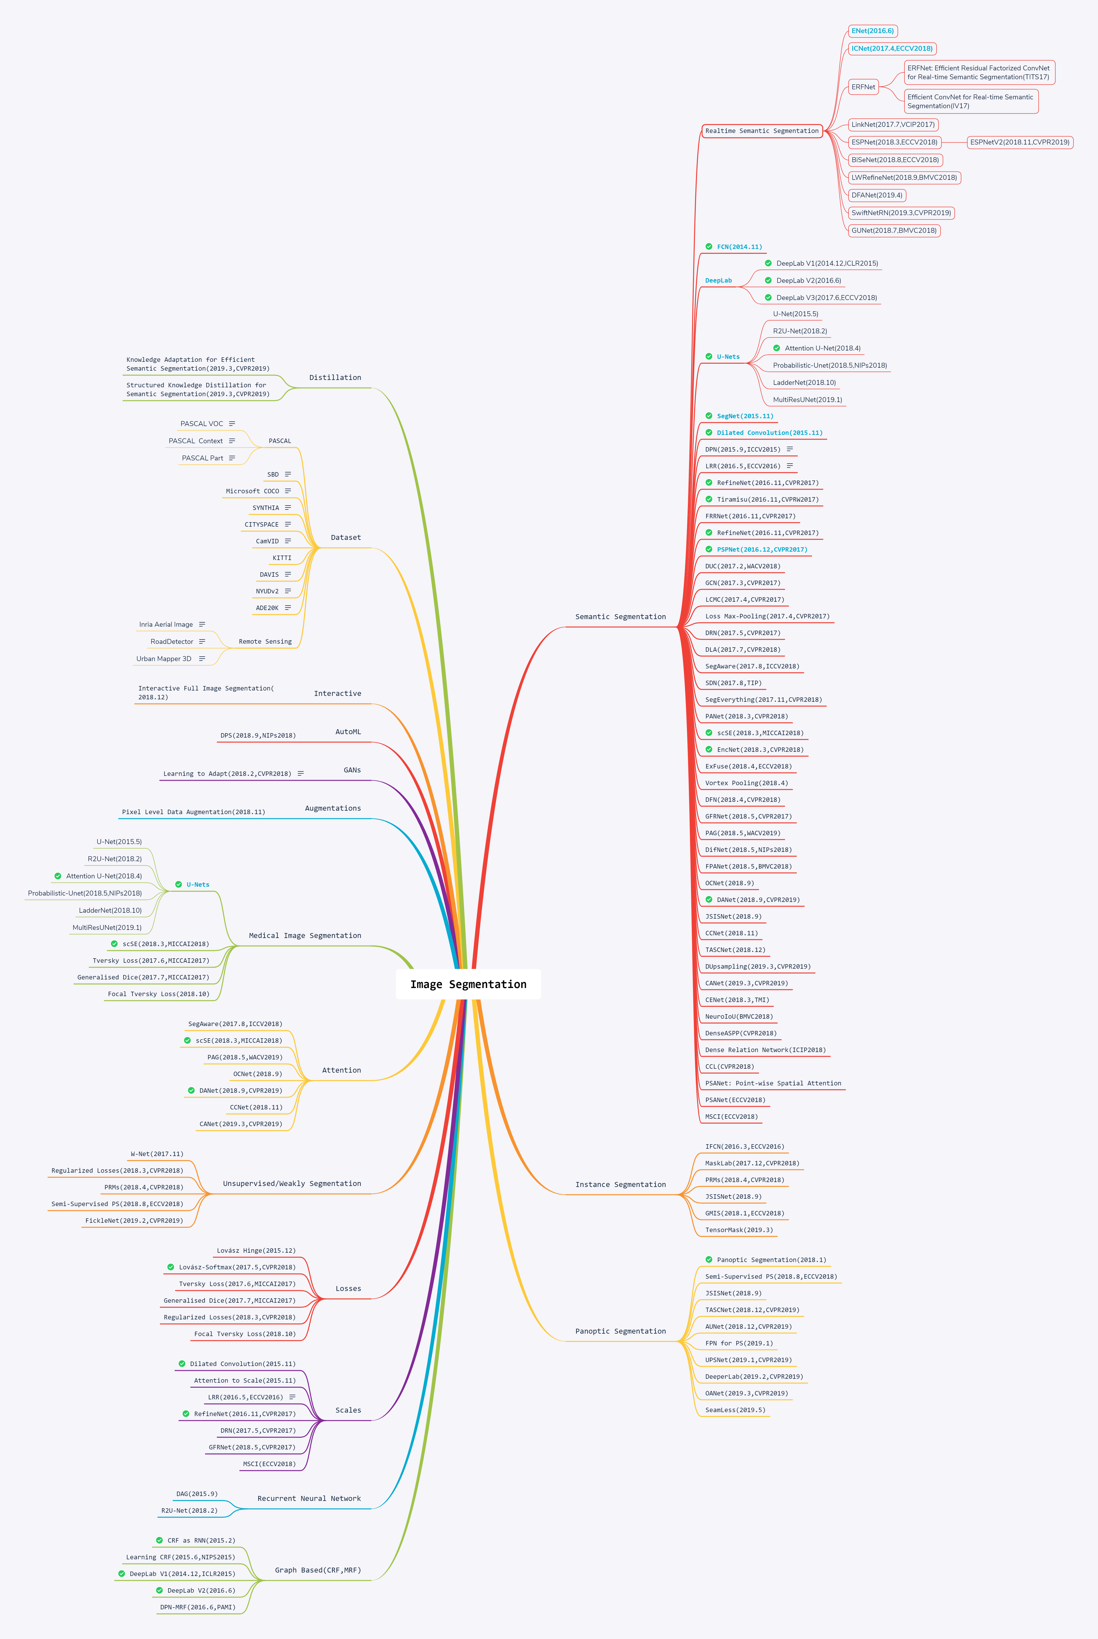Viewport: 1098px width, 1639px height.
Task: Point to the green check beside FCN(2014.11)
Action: [709, 247]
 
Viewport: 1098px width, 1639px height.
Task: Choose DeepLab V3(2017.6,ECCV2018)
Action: [826, 298]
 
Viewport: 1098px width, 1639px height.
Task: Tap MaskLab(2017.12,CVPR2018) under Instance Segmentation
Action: [751, 1163]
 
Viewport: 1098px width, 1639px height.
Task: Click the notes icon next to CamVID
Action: [288, 541]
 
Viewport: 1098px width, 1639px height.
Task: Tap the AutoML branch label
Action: [348, 732]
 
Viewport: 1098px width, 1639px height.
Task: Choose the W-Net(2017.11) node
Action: [157, 1154]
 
